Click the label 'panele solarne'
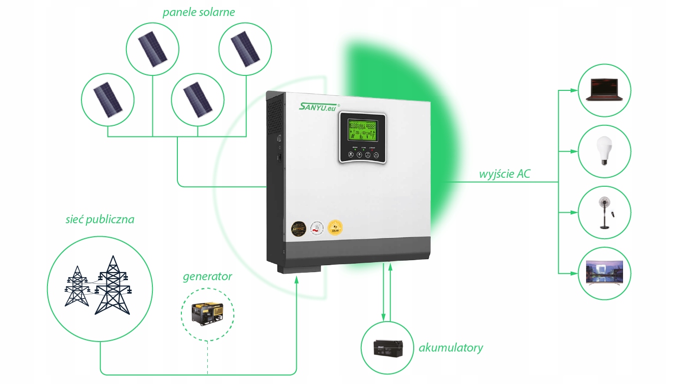(x=198, y=12)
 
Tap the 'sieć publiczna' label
(x=100, y=219)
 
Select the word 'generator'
(x=207, y=276)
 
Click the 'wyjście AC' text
(x=505, y=174)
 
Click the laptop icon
(x=604, y=91)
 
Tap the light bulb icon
(x=605, y=151)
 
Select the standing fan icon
(x=604, y=212)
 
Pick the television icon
(x=605, y=273)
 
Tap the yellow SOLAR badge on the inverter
(x=335, y=228)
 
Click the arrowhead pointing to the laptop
(x=574, y=91)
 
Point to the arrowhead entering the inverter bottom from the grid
(x=297, y=280)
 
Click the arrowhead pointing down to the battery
(x=383, y=318)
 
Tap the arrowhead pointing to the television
(x=574, y=273)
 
